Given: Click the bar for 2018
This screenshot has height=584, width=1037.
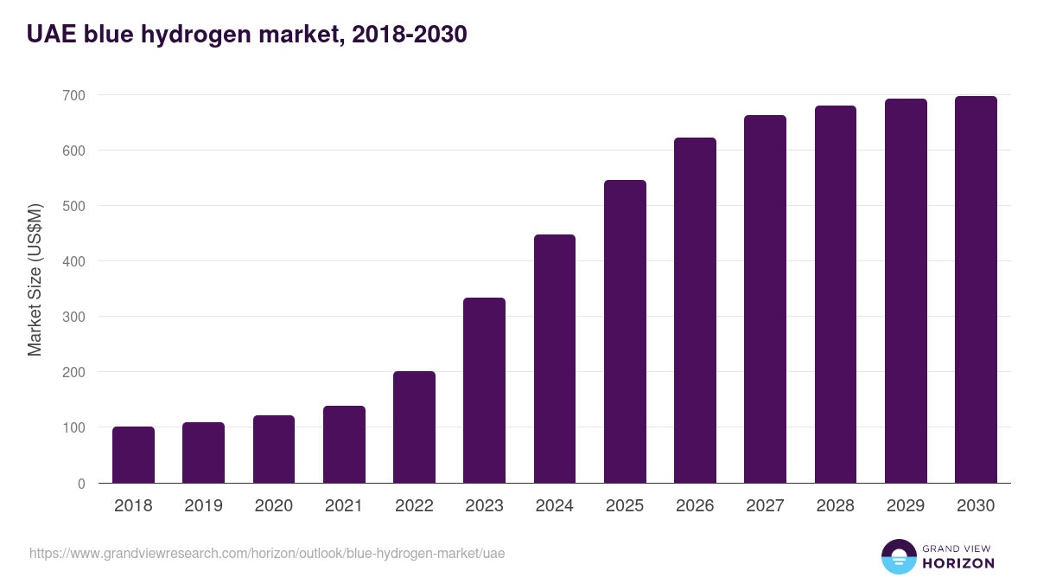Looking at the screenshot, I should (x=133, y=455).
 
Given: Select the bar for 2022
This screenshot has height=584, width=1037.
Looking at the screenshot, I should (x=414, y=427).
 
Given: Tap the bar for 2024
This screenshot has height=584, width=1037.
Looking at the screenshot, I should (x=555, y=359).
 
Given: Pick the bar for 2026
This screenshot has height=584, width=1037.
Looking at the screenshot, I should (x=695, y=311).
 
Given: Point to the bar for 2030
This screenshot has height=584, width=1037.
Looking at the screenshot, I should (x=976, y=290).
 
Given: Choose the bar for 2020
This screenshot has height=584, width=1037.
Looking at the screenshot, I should (x=274, y=449).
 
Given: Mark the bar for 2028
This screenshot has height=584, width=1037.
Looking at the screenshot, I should (x=836, y=294).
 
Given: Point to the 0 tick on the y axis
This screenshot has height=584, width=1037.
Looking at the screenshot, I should (x=81, y=484).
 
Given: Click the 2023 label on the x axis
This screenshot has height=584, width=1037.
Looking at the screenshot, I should (x=484, y=506).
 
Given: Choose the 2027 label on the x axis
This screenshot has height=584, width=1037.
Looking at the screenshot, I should (x=765, y=506).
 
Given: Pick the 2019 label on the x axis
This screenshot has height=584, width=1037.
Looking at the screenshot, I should (x=203, y=506).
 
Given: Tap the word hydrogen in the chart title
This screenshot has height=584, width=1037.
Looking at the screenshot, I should (x=202, y=35).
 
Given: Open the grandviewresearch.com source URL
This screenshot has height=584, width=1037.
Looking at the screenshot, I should (x=267, y=553).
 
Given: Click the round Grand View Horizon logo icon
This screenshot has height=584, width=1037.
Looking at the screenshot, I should (x=899, y=556).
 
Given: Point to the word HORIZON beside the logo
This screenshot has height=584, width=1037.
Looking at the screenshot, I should (x=958, y=563).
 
